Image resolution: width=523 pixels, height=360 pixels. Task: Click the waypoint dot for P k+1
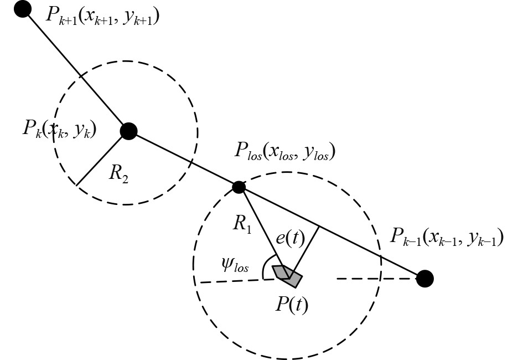pyautogui.click(x=22, y=8)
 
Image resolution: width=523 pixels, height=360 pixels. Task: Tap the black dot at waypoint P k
pyautogui.click(x=128, y=131)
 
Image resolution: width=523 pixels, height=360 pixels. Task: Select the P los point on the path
pyautogui.click(x=239, y=187)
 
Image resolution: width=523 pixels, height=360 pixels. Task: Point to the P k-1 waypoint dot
pyautogui.click(x=424, y=278)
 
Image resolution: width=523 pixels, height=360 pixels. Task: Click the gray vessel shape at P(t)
pyautogui.click(x=288, y=274)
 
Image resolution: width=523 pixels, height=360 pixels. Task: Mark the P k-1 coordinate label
pyautogui.click(x=447, y=238)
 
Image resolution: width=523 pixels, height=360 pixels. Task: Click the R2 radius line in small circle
pyautogui.click(x=102, y=158)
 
